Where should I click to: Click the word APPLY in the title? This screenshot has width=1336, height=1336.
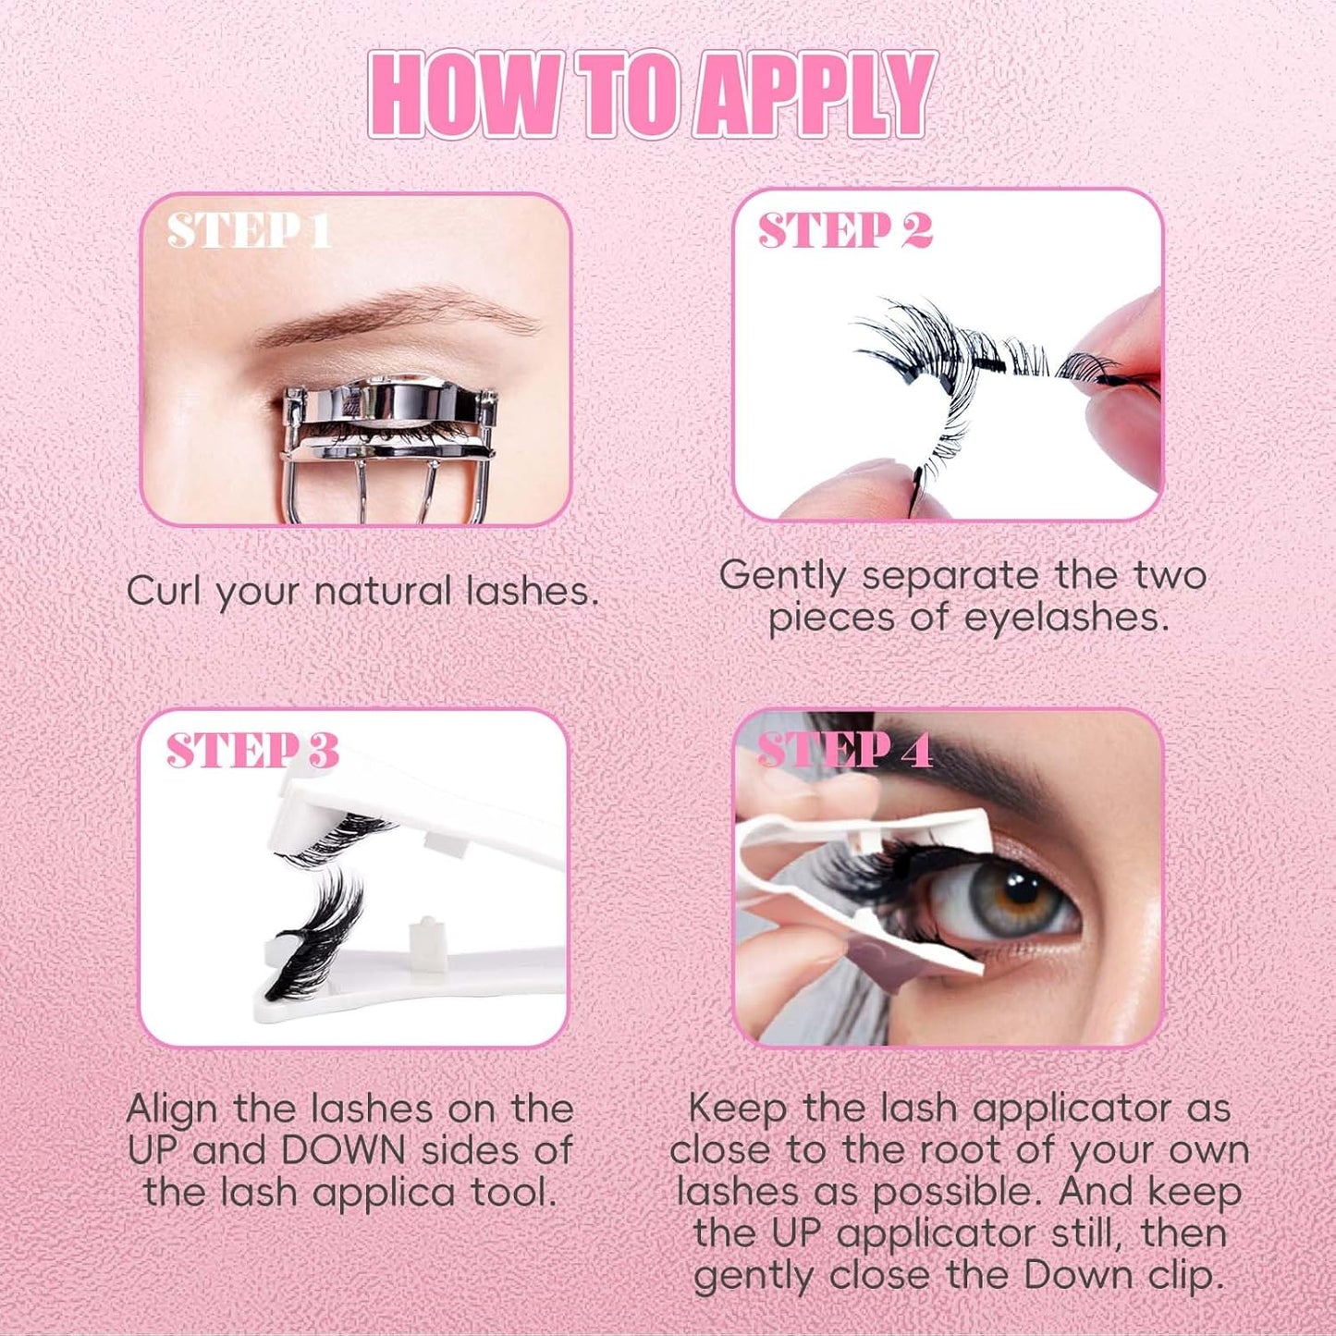coord(814,94)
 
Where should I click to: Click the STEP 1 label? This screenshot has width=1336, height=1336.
coord(249,230)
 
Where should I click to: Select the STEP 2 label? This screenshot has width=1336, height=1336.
coord(844,230)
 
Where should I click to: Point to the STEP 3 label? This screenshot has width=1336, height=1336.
coord(252,751)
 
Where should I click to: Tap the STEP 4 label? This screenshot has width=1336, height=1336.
coord(844,751)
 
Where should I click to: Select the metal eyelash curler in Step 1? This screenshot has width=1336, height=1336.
coord(388,435)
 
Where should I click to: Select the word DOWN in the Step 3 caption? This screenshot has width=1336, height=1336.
coord(343,1151)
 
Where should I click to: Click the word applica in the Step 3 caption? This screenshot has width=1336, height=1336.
coord(384,1194)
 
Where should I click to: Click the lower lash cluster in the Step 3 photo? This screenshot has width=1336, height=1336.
coord(319,934)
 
